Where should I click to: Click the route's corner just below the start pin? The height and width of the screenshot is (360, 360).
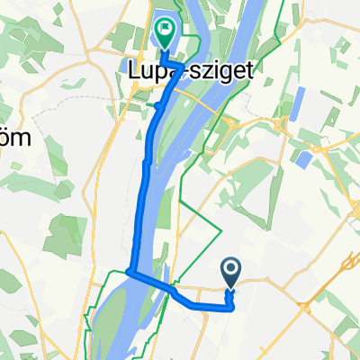coord(233,307)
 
